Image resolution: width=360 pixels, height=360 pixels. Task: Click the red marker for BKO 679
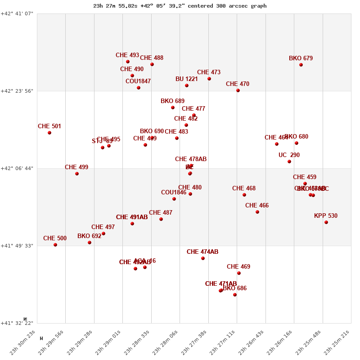coord(301,65)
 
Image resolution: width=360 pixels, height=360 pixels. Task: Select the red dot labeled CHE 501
coord(49,133)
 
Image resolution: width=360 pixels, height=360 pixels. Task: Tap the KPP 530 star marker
coord(326,222)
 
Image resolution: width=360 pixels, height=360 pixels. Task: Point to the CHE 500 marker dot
coord(55,245)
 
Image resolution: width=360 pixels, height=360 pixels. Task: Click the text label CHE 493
coord(127,55)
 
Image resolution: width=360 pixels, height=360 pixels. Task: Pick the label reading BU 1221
coord(187,79)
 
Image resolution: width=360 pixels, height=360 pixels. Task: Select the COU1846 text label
coord(174,193)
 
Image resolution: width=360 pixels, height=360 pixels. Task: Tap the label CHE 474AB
coord(202,252)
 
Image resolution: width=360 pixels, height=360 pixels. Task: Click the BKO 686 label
coord(235,288)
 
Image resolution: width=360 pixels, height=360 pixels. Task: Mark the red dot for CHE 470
coord(238,90)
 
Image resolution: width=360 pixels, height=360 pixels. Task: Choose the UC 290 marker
coord(289,162)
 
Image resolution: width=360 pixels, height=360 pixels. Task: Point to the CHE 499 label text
coord(76,167)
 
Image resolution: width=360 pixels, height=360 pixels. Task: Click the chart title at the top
coord(180,6)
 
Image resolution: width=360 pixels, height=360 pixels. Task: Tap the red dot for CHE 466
coord(257,212)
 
